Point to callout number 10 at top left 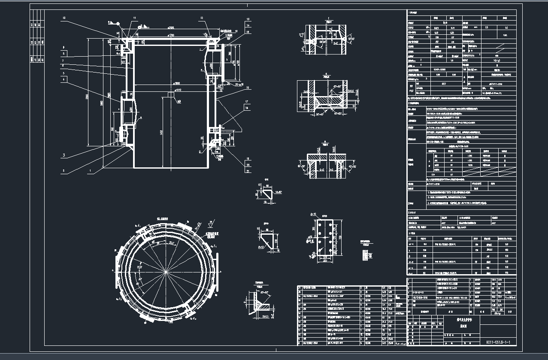(x=64, y=18)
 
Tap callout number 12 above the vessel (x=201, y=18)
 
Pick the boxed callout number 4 (x=64, y=79)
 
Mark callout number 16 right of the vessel (x=248, y=87)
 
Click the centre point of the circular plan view (x=166, y=272)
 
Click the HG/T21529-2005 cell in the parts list (x=421, y=297)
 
